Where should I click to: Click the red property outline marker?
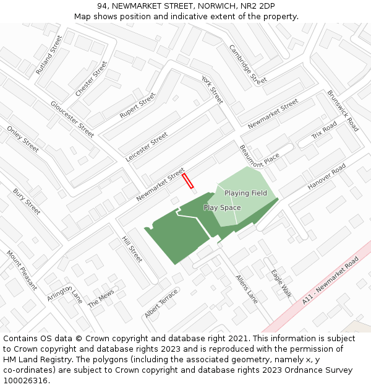coord(188,180)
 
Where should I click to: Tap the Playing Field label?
coord(245,193)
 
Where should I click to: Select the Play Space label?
coord(222,208)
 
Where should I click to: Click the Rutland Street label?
coord(49,54)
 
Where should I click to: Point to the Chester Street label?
coord(91,79)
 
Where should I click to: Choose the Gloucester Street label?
coord(72,119)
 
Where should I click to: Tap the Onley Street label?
coord(23,139)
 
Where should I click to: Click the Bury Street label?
coord(27,202)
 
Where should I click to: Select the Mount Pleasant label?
coord(22,269)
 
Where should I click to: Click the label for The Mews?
coord(101,299)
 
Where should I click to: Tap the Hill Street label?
coord(132,249)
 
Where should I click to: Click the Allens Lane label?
coord(247,289)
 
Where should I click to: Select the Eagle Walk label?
coord(281,283)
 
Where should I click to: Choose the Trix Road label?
coord(324,131)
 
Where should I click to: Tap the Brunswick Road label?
coord(343,111)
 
